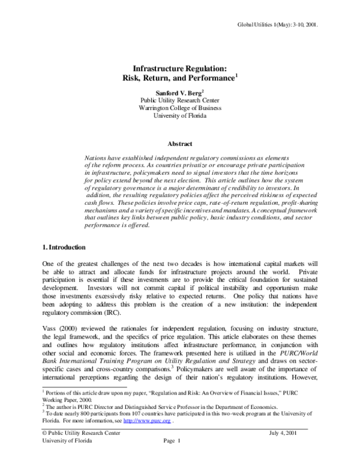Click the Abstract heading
pyautogui.click(x=180, y=144)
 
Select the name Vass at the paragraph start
pyautogui.click(x=50, y=329)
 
